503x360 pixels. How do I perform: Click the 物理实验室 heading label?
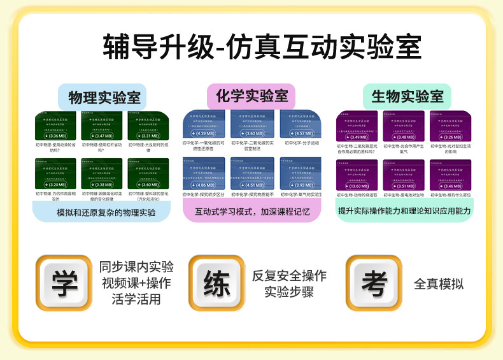point(102,97)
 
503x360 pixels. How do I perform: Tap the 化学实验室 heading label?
point(251,97)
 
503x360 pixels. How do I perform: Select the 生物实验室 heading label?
point(407,97)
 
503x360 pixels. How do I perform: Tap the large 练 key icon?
point(216,283)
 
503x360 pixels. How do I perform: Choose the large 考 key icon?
point(374,283)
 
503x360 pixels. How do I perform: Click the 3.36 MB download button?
point(55,136)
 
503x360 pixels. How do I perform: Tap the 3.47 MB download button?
point(102,136)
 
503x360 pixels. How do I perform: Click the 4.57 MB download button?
point(300,134)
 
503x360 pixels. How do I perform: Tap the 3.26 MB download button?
point(451,136)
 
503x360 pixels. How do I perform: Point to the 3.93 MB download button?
point(300,185)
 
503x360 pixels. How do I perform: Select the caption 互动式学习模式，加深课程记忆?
point(252,212)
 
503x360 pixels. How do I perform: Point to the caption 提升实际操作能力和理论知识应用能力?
point(404,211)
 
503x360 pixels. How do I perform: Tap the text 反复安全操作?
point(289,276)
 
